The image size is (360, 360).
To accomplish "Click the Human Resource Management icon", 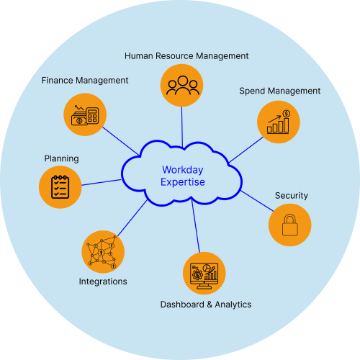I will coord(181,85).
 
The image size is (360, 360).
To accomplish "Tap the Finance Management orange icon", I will coord(86,114).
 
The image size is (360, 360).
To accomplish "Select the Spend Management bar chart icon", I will coord(278,122).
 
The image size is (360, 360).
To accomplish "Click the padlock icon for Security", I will coord(289,225).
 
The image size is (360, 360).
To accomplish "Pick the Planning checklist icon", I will coord(60,186).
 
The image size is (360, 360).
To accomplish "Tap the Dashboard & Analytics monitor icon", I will coord(204,273).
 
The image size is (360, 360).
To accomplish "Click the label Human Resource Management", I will coord(186,55).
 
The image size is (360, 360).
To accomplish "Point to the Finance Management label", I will coord(85,80).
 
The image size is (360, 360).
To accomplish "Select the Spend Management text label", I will coord(279,91).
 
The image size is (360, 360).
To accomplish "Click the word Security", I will coord(291,195).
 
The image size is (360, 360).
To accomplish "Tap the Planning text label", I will coord(61,158).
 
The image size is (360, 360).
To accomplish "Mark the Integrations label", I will coord(103,282).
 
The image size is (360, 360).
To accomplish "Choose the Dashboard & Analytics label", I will coord(205,305).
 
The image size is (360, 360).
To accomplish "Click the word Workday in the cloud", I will coord(183,170).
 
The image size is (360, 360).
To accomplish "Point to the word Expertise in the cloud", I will coord(183,182).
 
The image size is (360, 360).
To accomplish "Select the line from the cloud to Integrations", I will coord(132,219).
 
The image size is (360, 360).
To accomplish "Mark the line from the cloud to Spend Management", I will coord(245,148).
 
